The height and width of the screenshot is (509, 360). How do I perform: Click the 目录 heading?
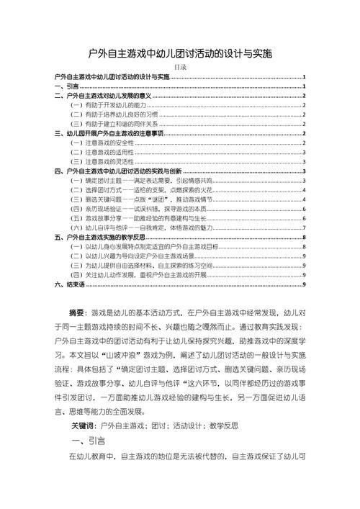180,68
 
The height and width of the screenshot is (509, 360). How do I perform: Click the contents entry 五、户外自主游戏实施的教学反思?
104,236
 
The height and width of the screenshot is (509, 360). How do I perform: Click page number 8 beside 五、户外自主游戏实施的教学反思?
306,236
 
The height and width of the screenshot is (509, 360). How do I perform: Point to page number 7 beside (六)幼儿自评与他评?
306,227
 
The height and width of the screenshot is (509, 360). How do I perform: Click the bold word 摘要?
77,314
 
